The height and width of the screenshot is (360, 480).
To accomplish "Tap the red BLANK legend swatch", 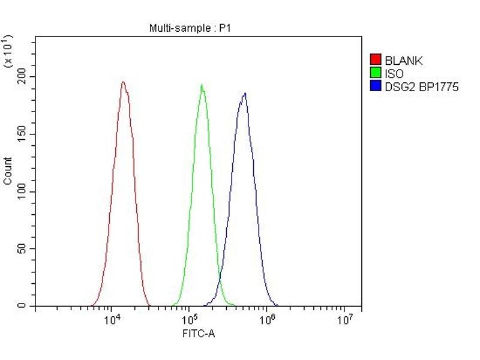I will [x=376, y=60].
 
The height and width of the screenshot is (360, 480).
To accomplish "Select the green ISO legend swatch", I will [x=376, y=73].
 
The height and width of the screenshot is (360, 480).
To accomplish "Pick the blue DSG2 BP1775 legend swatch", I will [x=376, y=86].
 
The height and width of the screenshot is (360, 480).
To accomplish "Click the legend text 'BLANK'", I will [x=404, y=60].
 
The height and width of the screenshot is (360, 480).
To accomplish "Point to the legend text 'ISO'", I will [x=394, y=73].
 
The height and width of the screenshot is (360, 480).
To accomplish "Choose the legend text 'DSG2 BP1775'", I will [x=422, y=86].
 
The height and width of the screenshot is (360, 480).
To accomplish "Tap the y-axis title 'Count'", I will [x=8, y=170].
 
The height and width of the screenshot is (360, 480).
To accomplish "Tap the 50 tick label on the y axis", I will [x=22, y=249].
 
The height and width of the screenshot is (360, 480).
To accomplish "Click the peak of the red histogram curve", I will [x=123, y=82].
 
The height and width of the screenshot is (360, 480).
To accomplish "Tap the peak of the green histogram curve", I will [x=202, y=85].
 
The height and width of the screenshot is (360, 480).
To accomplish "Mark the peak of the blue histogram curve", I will [x=245, y=93].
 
